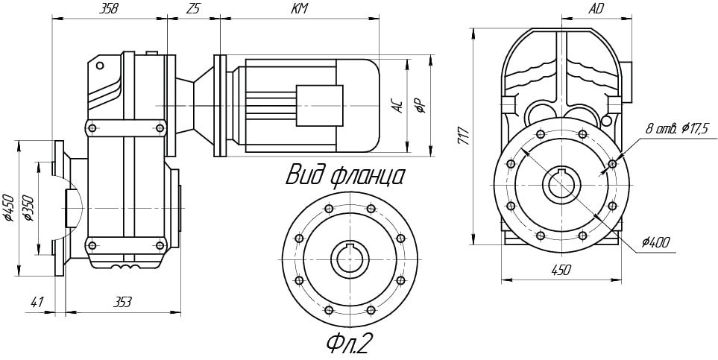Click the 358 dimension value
[x=109, y=9]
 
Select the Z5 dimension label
[x=193, y=9]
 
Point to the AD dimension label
[x=595, y=9]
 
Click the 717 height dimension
[x=463, y=136]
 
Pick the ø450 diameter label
[x=9, y=208]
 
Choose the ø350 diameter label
[x=28, y=208]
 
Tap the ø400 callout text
[x=655, y=242]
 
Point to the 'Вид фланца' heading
[x=345, y=176]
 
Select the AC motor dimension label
[x=399, y=106]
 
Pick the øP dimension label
[x=421, y=106]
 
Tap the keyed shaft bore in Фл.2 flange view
[x=350, y=259]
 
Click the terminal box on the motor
[x=319, y=105]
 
